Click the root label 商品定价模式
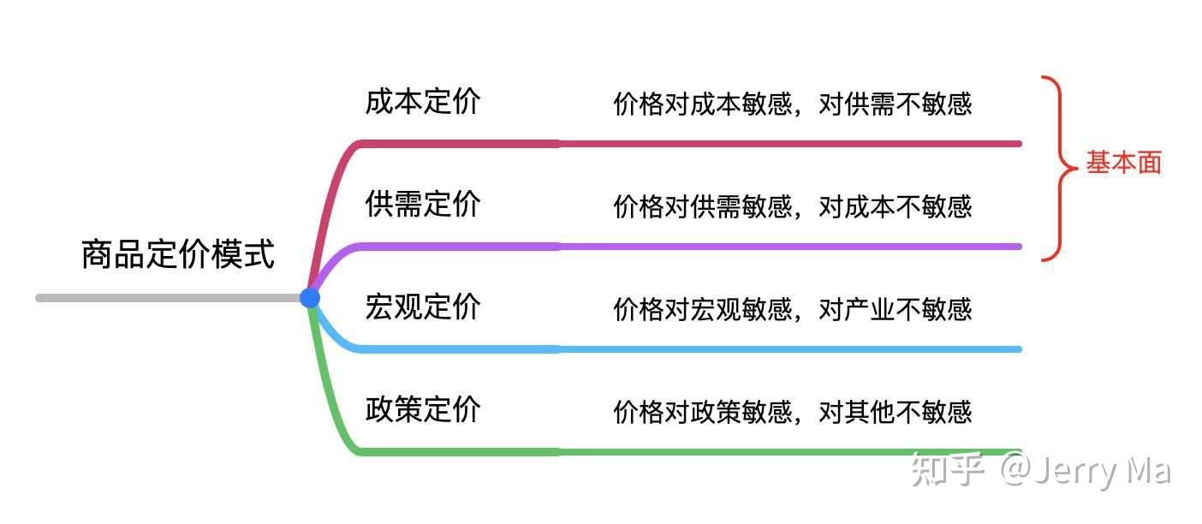(178, 255)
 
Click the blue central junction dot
(310, 298)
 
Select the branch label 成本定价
(423, 102)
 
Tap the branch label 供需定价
(423, 205)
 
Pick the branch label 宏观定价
(423, 307)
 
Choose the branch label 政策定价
(423, 409)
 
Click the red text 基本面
(1124, 163)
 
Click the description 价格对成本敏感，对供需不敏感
(793, 104)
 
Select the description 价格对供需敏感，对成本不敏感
(793, 206)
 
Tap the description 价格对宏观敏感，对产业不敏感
(793, 309)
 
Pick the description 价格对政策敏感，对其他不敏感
(793, 412)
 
